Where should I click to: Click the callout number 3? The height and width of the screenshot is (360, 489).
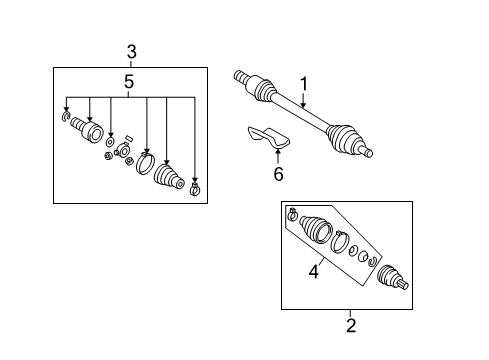132,52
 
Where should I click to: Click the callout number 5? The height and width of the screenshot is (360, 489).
129,82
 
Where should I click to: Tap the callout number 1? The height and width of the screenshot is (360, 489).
304,84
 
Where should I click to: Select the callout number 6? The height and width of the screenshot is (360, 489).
278,174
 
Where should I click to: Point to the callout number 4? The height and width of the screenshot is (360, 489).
314,271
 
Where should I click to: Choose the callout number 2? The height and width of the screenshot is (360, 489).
351,326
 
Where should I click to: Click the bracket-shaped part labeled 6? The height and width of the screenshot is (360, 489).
268,137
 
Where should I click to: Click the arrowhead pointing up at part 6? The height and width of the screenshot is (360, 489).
278,153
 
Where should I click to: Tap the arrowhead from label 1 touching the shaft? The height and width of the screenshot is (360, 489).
303,105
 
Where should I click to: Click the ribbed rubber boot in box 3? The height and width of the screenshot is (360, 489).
169,177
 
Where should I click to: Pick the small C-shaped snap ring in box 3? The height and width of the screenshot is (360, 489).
66,117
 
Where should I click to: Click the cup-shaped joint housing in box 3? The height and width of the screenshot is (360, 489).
87,129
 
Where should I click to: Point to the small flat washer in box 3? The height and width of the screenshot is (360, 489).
110,142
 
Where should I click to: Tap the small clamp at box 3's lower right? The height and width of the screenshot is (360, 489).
194,189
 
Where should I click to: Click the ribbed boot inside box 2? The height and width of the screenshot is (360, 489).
316,229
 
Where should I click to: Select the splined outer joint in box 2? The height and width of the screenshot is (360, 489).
392,277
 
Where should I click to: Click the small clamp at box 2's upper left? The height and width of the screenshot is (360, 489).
292,214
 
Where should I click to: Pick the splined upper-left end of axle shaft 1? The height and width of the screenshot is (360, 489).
241,76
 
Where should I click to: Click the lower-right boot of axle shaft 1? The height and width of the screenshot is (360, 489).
343,139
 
